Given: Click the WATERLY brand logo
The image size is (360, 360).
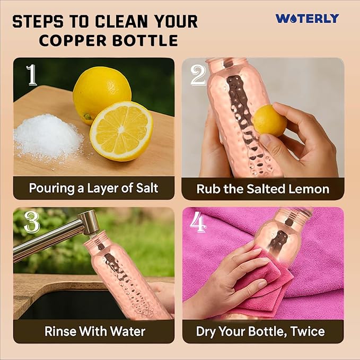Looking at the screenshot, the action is tap(307, 19).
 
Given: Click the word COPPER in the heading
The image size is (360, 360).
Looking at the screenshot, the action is tap(73, 40).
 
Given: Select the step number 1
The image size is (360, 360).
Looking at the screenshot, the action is tap(32, 75).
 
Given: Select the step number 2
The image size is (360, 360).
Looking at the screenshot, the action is tap(198, 75).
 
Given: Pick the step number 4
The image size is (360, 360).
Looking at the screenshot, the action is tap(198, 222).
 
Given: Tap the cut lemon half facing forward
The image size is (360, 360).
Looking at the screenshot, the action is tap(121, 131).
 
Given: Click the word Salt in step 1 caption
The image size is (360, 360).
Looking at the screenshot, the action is tap(147, 188).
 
